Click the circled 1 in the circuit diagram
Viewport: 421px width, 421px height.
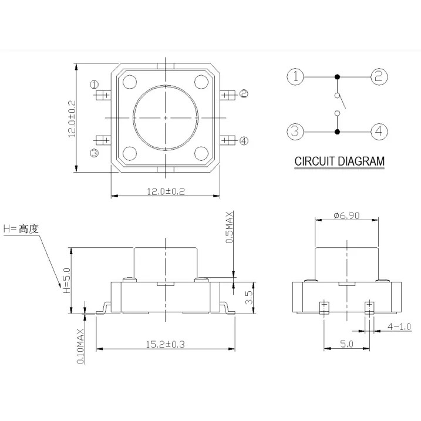(x=295, y=77)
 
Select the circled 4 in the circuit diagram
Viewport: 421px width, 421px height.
(x=379, y=132)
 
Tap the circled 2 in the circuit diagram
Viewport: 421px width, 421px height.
(x=379, y=77)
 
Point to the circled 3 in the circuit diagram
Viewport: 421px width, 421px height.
(x=295, y=132)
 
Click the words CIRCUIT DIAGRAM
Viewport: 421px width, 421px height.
(x=339, y=161)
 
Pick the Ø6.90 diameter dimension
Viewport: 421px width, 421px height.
(x=346, y=215)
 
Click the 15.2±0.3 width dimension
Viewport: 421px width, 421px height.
(x=165, y=344)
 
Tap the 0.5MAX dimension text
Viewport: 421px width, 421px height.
(x=229, y=227)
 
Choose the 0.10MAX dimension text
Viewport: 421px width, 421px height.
(x=80, y=346)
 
